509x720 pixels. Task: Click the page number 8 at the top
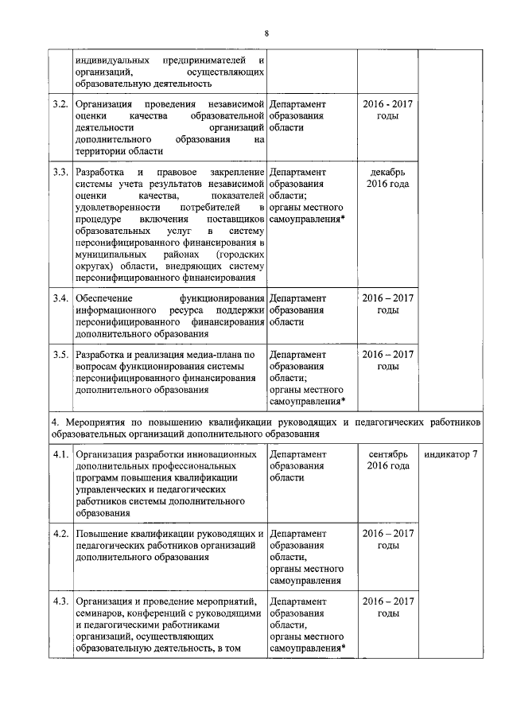point(266,33)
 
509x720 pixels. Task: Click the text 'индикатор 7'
point(451,454)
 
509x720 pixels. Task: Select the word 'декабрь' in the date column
point(387,172)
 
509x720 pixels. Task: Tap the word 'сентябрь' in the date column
point(387,454)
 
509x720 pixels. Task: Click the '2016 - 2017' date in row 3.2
point(387,105)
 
